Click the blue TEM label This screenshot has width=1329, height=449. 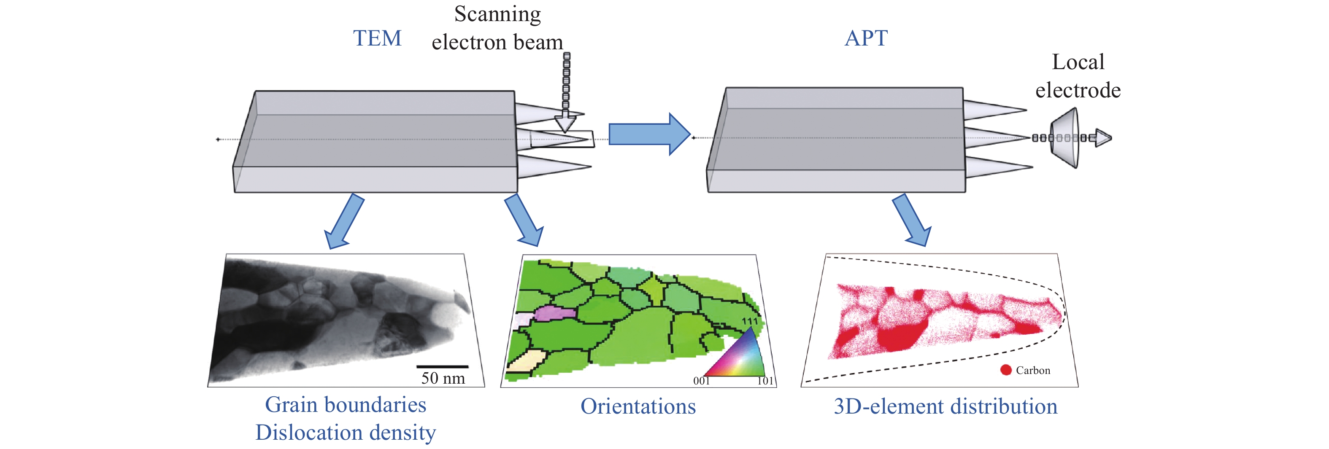point(377,38)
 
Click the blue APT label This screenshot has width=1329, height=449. point(866,38)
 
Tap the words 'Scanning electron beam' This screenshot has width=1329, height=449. point(497,28)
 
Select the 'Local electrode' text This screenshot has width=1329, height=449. point(1078,76)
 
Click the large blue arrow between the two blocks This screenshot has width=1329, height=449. point(649,134)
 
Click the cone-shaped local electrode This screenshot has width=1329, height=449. point(1065,137)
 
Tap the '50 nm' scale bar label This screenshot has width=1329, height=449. point(443,378)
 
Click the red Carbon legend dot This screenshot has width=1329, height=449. point(1005,370)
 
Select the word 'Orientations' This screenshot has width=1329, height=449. point(638,406)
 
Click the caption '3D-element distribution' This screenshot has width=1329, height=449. point(945,406)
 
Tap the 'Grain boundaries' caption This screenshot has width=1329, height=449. point(346,405)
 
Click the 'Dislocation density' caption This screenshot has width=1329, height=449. point(346,432)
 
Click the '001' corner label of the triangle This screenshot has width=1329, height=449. point(702,381)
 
